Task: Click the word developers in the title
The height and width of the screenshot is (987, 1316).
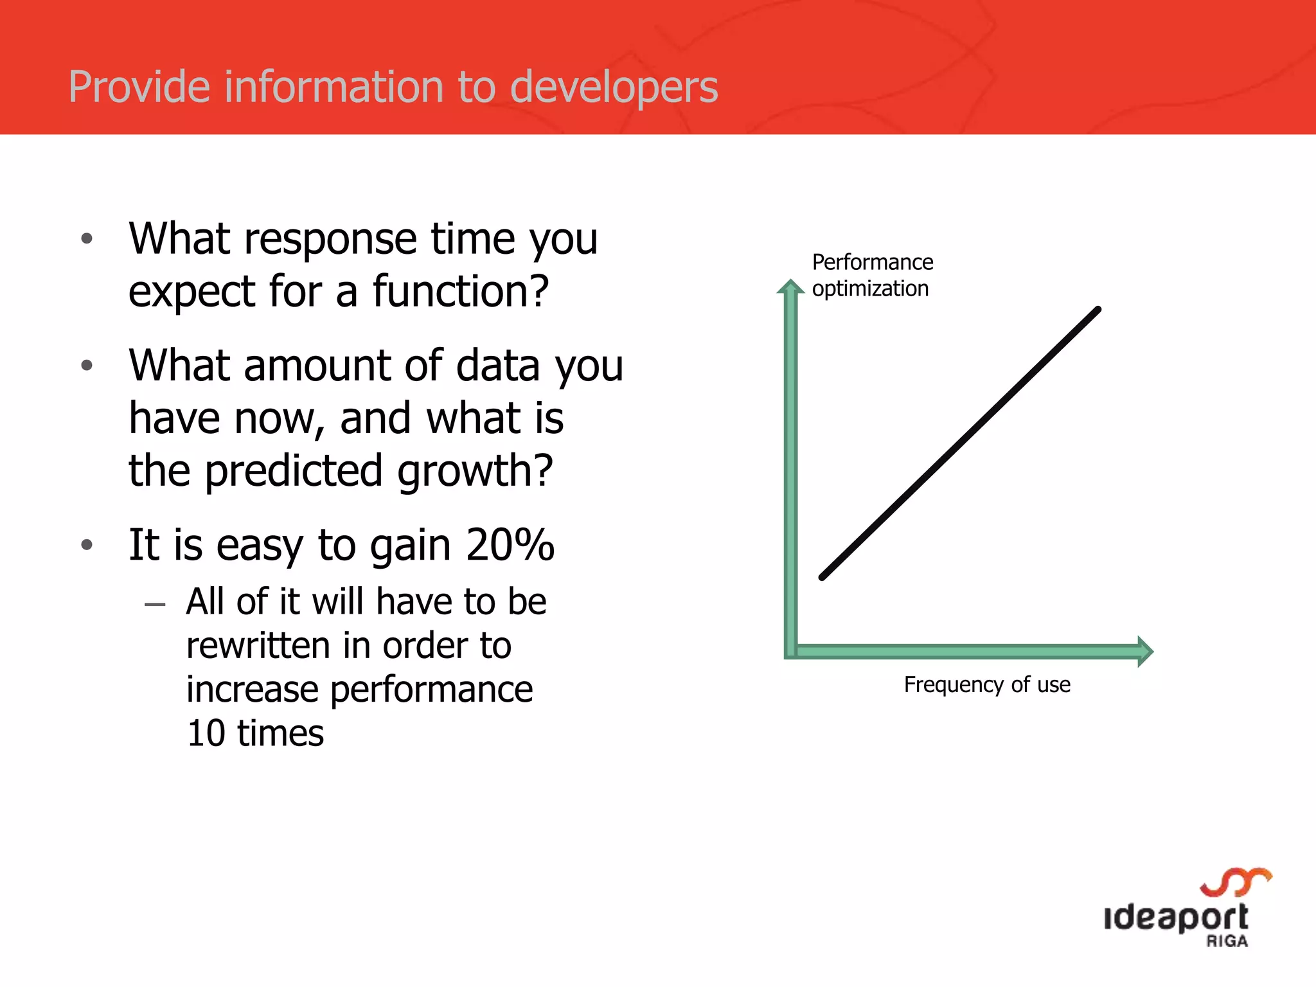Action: (x=613, y=87)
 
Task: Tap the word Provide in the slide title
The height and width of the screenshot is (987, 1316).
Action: (x=139, y=87)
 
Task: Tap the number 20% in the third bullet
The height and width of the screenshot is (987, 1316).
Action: (x=510, y=546)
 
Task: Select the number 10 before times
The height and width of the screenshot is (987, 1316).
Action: (x=206, y=733)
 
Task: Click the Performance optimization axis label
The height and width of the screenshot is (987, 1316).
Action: (x=871, y=276)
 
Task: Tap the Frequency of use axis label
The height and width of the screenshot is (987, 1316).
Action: (x=987, y=685)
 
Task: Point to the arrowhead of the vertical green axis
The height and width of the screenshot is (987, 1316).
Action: (x=790, y=287)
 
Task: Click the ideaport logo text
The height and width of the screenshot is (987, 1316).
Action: (x=1176, y=918)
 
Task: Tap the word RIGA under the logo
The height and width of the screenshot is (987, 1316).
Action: (x=1227, y=942)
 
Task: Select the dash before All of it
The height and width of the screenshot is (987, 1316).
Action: (x=155, y=605)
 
